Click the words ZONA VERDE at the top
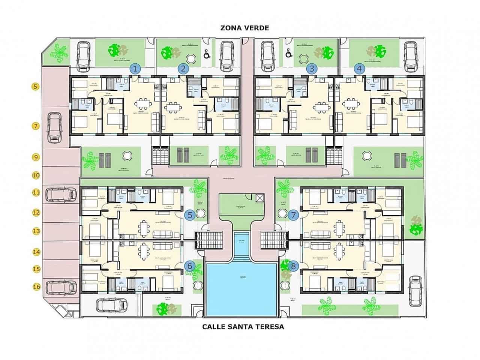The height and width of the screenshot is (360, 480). coord(244,28)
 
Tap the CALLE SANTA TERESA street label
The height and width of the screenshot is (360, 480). coord(243,326)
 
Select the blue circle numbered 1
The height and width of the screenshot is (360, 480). coord(135,69)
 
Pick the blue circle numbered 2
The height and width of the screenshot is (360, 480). coord(183,69)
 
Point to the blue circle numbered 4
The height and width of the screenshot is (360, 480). coord(360,69)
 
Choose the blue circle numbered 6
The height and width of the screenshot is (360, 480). coord(190,266)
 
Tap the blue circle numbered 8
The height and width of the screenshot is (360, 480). coord(293,266)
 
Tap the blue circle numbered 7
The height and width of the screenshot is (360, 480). coord(293,215)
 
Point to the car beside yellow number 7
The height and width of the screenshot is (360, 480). coord(55,127)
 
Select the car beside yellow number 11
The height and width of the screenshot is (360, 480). coord(60,194)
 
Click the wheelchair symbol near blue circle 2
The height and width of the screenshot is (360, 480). coord(206,55)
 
